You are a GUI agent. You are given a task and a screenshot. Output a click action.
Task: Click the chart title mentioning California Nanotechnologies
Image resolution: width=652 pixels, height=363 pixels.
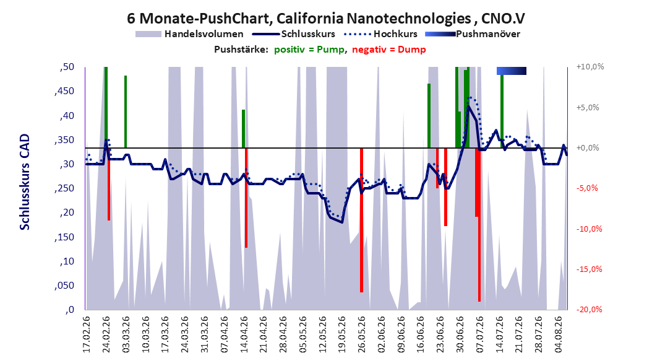pyautogui.click(x=325, y=19)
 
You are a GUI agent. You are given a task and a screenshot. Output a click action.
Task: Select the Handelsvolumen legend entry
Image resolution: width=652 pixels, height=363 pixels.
pyautogui.click(x=189, y=34)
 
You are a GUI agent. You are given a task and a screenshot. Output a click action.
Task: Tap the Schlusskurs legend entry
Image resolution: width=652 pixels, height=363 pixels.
pyautogui.click(x=294, y=34)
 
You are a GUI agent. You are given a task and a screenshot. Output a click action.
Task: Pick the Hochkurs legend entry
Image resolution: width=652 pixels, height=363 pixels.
pyautogui.click(x=380, y=34)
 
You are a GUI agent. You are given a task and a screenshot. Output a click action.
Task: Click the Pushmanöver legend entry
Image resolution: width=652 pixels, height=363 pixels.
pyautogui.click(x=473, y=34)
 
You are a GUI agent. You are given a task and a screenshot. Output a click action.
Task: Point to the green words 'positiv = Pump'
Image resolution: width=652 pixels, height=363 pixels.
pyautogui.click(x=309, y=50)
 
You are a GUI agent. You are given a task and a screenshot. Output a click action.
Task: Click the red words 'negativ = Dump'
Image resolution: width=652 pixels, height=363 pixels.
pyautogui.click(x=389, y=50)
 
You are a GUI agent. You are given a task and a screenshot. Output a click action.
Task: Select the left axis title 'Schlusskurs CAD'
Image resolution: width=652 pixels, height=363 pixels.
pyautogui.click(x=25, y=181)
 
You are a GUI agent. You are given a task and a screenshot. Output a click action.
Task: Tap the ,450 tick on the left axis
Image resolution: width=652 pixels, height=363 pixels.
pyautogui.click(x=64, y=91)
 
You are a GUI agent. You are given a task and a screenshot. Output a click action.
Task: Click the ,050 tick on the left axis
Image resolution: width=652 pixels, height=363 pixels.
pyautogui.click(x=64, y=286)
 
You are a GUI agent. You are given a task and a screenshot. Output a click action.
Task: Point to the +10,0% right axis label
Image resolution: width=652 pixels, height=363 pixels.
pyautogui.click(x=590, y=67)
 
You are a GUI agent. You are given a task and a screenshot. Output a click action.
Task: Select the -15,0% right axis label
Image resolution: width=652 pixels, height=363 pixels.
pyautogui.click(x=589, y=269)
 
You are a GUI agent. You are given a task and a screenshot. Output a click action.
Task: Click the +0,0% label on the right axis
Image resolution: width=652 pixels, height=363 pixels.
pyautogui.click(x=588, y=148)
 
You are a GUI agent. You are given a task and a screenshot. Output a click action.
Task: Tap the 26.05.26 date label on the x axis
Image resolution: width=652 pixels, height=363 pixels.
pyautogui.click(x=361, y=335)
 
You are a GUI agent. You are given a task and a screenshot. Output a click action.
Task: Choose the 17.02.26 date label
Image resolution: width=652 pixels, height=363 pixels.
pyautogui.click(x=87, y=335)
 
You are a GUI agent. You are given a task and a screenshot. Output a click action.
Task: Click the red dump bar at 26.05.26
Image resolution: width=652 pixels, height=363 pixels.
pyautogui.click(x=361, y=220)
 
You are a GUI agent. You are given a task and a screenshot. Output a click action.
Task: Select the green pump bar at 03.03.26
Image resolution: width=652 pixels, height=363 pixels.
pyautogui.click(x=125, y=112)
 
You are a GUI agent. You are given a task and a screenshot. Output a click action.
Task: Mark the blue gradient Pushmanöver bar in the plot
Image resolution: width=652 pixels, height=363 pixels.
pyautogui.click(x=512, y=71)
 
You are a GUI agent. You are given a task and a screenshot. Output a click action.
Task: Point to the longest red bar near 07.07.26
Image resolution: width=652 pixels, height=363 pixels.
pyautogui.click(x=479, y=225)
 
